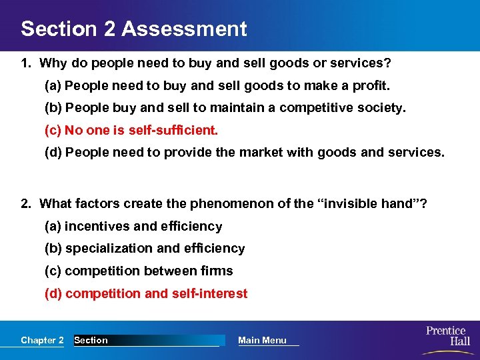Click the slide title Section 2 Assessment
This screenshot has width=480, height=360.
pos(133,29)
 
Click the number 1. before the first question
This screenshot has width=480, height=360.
pos(26,64)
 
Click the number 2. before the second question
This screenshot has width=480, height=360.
pos(26,203)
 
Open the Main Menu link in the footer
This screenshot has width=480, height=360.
pos(262,340)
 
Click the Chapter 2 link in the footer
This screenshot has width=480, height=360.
pos(42,340)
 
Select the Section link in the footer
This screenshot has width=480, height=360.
pos(91,340)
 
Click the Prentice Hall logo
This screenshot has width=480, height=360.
pos(446,336)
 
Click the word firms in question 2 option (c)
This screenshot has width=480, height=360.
pos(217,271)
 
